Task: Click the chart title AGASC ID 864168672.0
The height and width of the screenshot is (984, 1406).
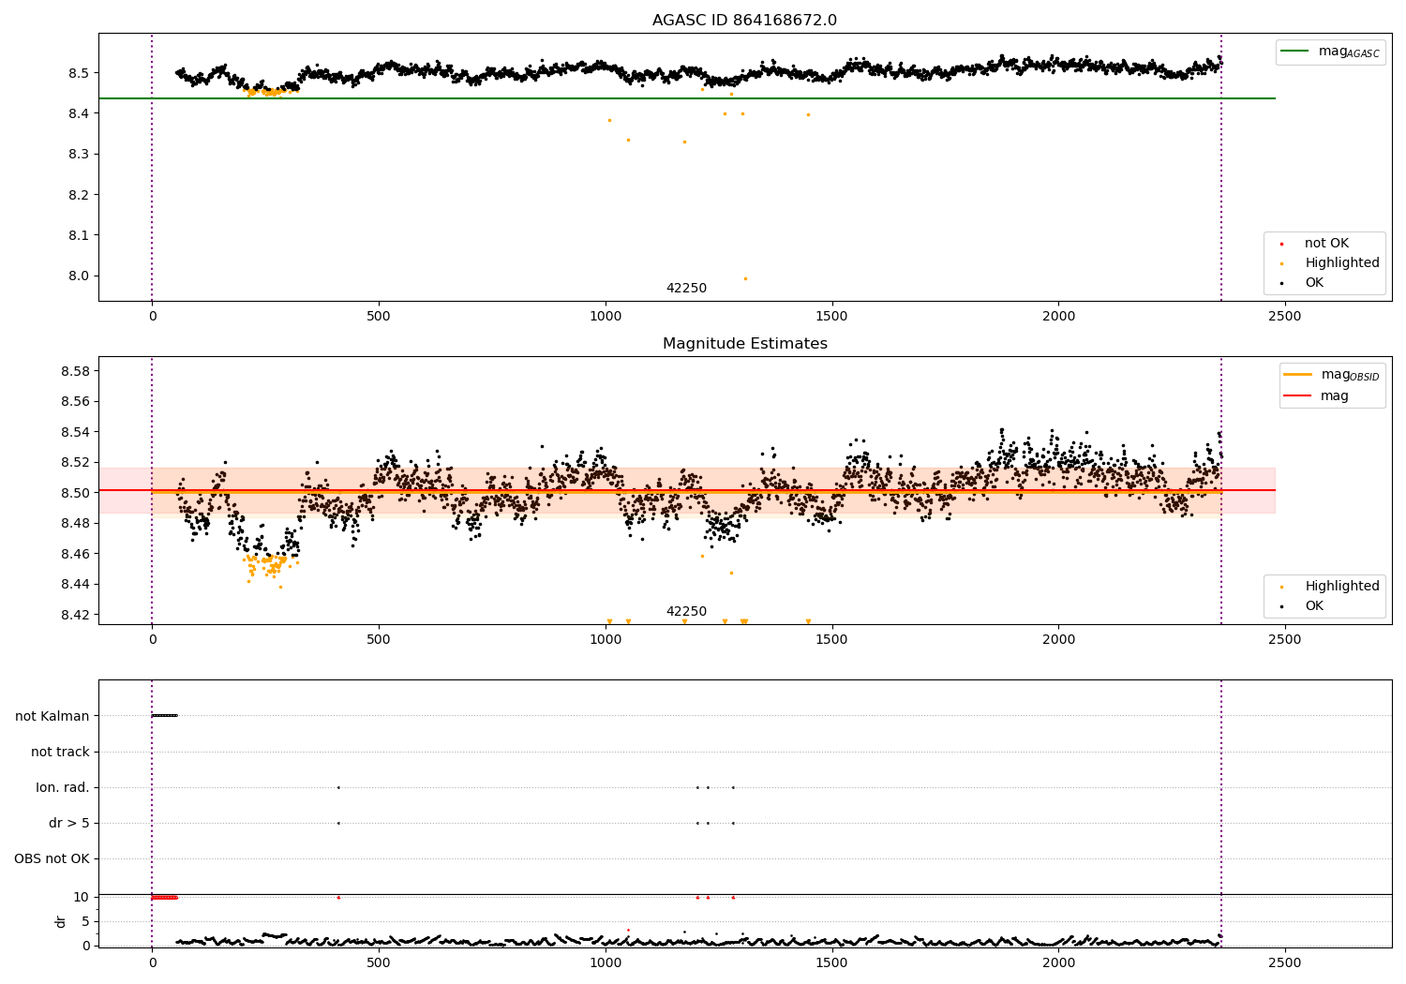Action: (x=744, y=21)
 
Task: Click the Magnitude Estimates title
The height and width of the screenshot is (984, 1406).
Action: (x=744, y=344)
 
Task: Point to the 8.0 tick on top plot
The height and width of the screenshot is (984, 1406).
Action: (x=78, y=276)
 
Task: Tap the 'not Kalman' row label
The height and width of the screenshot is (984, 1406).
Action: (x=52, y=716)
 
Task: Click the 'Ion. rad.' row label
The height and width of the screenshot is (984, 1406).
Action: (x=63, y=787)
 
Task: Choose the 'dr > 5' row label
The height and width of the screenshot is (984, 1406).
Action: (x=69, y=823)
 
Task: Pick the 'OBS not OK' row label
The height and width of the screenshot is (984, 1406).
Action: (x=52, y=858)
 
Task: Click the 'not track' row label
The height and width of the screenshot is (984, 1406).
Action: (x=60, y=752)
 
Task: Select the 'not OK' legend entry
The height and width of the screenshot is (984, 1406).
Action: (x=1326, y=244)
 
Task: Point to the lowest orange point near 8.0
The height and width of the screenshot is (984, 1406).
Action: (x=745, y=278)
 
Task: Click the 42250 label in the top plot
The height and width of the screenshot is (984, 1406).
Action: (x=686, y=289)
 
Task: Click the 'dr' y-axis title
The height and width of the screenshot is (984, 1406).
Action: (x=61, y=921)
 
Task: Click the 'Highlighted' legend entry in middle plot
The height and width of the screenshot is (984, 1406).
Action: (x=1341, y=586)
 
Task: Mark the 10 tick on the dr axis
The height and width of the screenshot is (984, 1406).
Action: (x=82, y=897)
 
